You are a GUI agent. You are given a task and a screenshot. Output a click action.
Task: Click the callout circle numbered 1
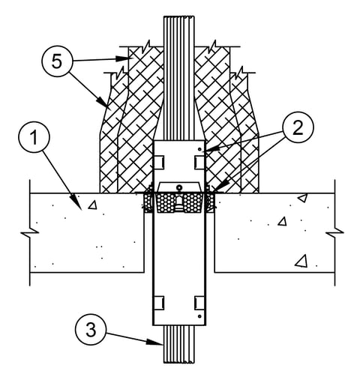point(34,137)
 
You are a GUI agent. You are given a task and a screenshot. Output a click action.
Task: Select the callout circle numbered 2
point(298,128)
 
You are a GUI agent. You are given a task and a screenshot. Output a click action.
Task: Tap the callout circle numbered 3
point(91,329)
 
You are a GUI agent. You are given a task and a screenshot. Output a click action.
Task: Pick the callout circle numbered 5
point(57,61)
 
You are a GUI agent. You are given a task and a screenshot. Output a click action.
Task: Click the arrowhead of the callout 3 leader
point(154,343)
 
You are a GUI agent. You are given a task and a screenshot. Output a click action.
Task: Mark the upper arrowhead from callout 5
point(123,58)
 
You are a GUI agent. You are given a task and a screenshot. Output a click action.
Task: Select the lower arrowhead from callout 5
point(103,102)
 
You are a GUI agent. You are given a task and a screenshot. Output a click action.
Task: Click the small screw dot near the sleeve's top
point(199,149)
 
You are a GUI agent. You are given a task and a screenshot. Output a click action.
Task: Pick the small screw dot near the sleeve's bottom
point(199,316)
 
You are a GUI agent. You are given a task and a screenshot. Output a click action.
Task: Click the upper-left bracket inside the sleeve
point(159,163)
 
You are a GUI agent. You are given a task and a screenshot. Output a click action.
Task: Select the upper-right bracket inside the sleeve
point(199,163)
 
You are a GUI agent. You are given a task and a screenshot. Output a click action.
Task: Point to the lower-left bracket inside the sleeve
point(159,303)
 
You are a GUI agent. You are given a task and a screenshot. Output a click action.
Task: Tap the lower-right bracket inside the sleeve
point(199,303)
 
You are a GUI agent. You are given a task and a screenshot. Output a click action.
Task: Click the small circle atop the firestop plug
point(179,187)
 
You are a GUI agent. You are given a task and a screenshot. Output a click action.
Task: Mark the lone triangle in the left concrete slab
point(93,205)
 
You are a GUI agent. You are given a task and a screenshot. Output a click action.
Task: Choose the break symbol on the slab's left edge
point(30,233)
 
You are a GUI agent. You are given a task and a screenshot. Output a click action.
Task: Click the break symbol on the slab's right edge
point(334,233)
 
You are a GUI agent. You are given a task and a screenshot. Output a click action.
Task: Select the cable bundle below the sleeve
point(179,344)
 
